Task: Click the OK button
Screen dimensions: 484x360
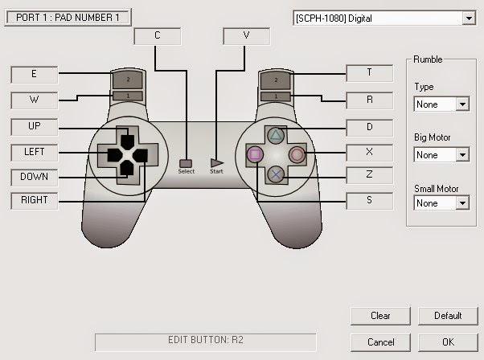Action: click(x=448, y=342)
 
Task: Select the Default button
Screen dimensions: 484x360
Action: click(x=448, y=316)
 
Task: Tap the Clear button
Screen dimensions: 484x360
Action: click(x=380, y=316)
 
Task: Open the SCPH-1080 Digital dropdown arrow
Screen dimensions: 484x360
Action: click(x=469, y=18)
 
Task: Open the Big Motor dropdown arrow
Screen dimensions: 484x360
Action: click(x=462, y=154)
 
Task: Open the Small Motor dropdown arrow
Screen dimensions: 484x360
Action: click(x=462, y=203)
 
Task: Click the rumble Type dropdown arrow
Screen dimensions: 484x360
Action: click(x=462, y=104)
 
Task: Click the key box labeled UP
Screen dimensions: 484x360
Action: click(x=35, y=127)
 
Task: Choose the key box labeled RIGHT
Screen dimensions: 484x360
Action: click(x=35, y=201)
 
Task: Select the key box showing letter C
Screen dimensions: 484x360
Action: click(x=158, y=36)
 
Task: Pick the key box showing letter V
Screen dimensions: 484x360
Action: click(x=246, y=36)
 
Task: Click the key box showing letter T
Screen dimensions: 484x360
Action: click(x=370, y=73)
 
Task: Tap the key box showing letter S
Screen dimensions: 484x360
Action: click(x=370, y=201)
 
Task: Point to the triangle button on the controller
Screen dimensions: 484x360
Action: click(x=275, y=136)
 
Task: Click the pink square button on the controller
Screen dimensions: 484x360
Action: click(x=255, y=154)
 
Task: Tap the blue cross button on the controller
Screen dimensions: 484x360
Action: click(x=276, y=174)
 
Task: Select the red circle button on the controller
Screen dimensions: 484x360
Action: click(x=297, y=155)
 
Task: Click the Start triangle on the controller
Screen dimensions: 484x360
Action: click(x=217, y=163)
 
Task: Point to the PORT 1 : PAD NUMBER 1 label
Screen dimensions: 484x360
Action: click(x=68, y=17)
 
